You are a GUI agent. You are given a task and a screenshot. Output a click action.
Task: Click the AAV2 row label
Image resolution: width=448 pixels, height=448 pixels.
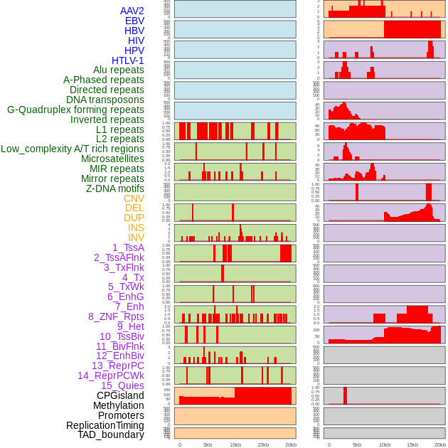tap(132, 11)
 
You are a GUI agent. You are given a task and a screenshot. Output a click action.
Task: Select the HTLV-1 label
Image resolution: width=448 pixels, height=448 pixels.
tap(127, 60)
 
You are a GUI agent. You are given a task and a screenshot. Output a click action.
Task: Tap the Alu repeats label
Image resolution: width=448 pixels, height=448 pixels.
tap(118, 70)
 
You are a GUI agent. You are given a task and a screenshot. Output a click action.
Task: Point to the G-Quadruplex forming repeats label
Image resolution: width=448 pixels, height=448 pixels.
tap(75, 110)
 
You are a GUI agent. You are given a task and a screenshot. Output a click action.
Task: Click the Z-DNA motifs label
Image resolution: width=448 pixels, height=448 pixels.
tap(114, 188)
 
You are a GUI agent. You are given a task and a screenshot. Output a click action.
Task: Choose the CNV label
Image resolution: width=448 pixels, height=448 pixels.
tap(134, 198)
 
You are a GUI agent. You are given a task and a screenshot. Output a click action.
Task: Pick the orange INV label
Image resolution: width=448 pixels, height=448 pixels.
tap(136, 238)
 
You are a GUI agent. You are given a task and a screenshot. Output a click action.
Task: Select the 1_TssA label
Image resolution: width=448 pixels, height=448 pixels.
tap(128, 247)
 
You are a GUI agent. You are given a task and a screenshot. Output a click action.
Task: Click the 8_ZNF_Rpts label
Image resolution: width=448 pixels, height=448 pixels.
tap(116, 316)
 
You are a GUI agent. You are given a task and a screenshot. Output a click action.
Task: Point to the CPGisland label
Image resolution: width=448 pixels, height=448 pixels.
tap(120, 395)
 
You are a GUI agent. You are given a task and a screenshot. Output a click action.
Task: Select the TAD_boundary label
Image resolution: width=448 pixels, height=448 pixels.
tap(111, 434)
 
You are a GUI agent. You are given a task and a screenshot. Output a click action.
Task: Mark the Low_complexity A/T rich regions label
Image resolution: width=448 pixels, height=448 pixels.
tap(73, 149)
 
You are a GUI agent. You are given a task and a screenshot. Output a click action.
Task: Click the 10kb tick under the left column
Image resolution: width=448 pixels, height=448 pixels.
tap(235, 444)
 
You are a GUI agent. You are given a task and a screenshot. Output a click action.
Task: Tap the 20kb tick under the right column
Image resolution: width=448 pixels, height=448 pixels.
tap(440, 444)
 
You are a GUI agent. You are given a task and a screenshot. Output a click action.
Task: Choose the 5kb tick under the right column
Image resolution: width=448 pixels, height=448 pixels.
tap(357, 444)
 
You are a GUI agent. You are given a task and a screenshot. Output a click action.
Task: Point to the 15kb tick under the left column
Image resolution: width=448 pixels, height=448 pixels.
tap(263, 444)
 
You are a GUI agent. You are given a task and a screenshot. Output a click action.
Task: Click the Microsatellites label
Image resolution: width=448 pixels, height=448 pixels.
tap(112, 159)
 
